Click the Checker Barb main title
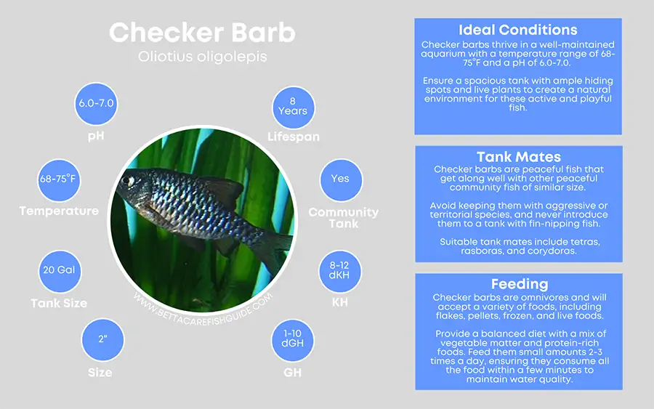pyautogui.click(x=202, y=33)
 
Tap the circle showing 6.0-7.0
pyautogui.click(x=96, y=103)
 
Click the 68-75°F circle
pyautogui.click(x=59, y=179)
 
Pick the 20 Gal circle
pyautogui.click(x=59, y=270)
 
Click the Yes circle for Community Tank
pyautogui.click(x=339, y=179)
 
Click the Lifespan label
pyautogui.click(x=293, y=137)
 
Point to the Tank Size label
pyautogui.click(x=59, y=303)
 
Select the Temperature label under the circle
pyautogui.click(x=59, y=211)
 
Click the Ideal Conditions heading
pyautogui.click(x=517, y=31)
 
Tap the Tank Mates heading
pyautogui.click(x=518, y=157)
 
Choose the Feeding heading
pyautogui.click(x=518, y=284)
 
